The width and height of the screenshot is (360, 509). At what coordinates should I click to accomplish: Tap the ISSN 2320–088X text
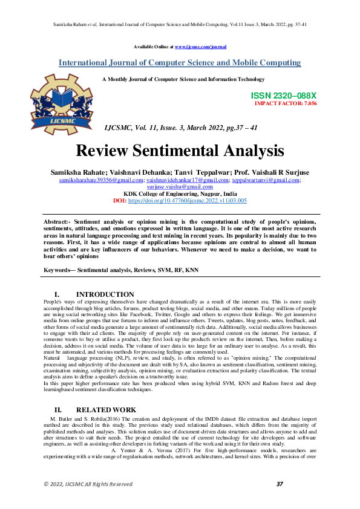[283, 96]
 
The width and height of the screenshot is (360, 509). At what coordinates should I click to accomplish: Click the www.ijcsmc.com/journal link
[200, 47]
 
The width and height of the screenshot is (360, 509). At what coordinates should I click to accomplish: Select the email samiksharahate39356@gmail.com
[101, 180]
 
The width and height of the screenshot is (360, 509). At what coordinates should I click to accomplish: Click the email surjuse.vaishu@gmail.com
[180, 187]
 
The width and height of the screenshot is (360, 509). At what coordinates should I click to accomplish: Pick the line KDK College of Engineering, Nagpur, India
[180, 193]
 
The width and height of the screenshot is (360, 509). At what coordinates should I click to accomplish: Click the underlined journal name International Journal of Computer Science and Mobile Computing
[180, 63]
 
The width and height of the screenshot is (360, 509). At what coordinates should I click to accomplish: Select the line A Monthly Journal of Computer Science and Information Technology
[183, 79]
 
